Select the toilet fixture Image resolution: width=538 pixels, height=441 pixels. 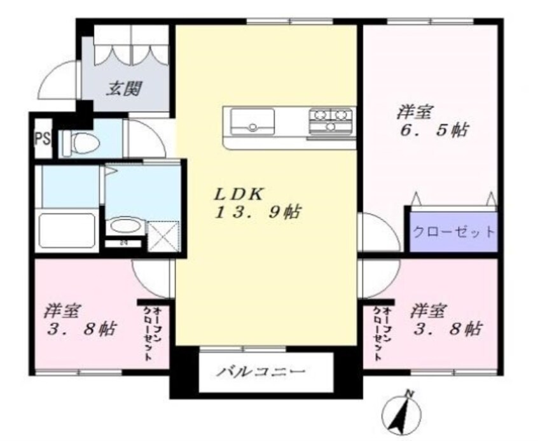pyautogui.click(x=81, y=141)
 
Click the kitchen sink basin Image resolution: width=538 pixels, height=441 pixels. pyautogui.click(x=252, y=120)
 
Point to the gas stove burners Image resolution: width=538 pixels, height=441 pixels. pyautogui.click(x=331, y=120)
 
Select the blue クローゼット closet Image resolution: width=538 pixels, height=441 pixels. pyautogui.click(x=453, y=231)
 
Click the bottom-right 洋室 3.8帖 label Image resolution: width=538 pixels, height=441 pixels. pyautogui.click(x=445, y=321)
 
